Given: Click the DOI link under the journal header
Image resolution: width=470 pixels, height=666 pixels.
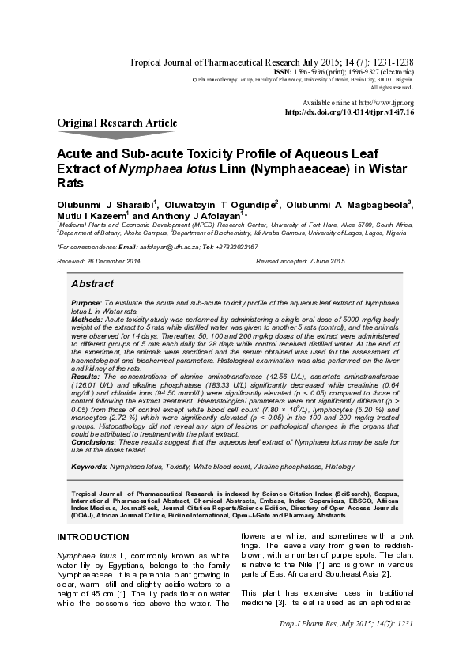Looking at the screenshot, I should point(349,112).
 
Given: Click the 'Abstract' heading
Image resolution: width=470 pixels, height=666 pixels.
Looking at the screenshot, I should point(92,283).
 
